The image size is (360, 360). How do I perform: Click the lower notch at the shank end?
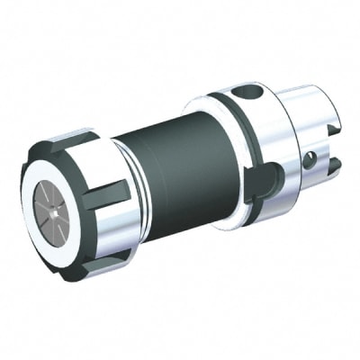[x=334, y=166]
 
